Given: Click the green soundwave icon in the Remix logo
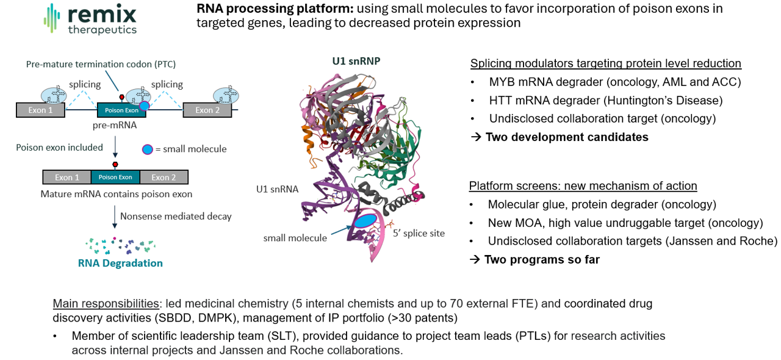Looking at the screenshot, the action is pyautogui.click(x=52, y=18).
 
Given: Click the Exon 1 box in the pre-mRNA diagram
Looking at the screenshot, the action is pyautogui.click(x=40, y=110).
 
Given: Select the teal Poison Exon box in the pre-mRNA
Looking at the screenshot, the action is pyautogui.click(x=121, y=110).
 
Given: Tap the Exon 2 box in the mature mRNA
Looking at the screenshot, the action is pyautogui.click(x=164, y=177).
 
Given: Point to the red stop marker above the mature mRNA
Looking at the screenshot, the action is pyautogui.click(x=115, y=164).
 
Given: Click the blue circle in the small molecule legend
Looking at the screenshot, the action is pyautogui.click(x=148, y=149).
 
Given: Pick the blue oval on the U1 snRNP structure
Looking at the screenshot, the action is pyautogui.click(x=365, y=221).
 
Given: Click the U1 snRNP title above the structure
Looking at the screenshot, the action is pyautogui.click(x=356, y=61).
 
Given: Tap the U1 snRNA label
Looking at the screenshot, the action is pyautogui.click(x=277, y=189).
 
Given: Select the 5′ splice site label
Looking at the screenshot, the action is pyautogui.click(x=419, y=233).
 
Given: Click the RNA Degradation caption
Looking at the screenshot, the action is pyautogui.click(x=120, y=263).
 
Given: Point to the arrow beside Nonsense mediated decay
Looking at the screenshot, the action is pyautogui.click(x=115, y=217).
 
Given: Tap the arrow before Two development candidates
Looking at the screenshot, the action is pyautogui.click(x=475, y=137).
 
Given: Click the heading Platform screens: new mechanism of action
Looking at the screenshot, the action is pyautogui.click(x=583, y=186).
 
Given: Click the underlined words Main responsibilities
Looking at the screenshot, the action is pyautogui.click(x=106, y=303).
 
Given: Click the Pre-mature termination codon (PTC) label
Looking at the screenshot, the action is pyautogui.click(x=101, y=64).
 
